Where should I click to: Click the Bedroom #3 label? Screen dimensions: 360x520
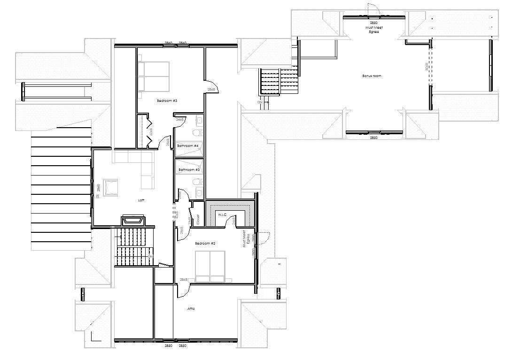(167, 101)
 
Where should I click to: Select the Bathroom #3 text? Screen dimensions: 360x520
(188, 169)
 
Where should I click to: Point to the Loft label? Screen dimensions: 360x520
(141, 200)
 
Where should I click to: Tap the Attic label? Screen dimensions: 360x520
(191, 309)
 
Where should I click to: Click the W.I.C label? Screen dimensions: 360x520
(221, 215)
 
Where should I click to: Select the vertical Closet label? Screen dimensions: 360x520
(198, 219)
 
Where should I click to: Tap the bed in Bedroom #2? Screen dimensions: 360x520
(210, 266)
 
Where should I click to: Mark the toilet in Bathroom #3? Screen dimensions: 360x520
(198, 181)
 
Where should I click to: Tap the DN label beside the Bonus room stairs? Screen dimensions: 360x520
(260, 102)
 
